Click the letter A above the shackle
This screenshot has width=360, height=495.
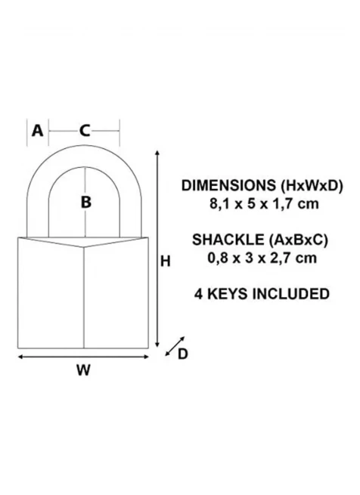(37, 131)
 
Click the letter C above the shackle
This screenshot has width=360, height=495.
(85, 131)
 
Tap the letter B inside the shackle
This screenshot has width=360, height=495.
(86, 202)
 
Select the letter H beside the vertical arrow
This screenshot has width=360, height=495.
(166, 261)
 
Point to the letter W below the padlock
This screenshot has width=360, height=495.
(83, 370)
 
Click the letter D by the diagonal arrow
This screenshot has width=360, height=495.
(183, 354)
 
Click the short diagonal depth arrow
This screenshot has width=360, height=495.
(175, 346)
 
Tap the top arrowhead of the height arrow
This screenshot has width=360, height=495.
(157, 153)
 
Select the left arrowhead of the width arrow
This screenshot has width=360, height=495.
(20, 357)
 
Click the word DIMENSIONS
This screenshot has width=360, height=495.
(228, 186)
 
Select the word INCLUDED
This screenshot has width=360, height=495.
(291, 294)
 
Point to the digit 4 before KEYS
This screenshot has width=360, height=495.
(198, 294)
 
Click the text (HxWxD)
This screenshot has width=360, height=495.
(312, 186)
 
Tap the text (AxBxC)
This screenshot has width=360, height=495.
(299, 240)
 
